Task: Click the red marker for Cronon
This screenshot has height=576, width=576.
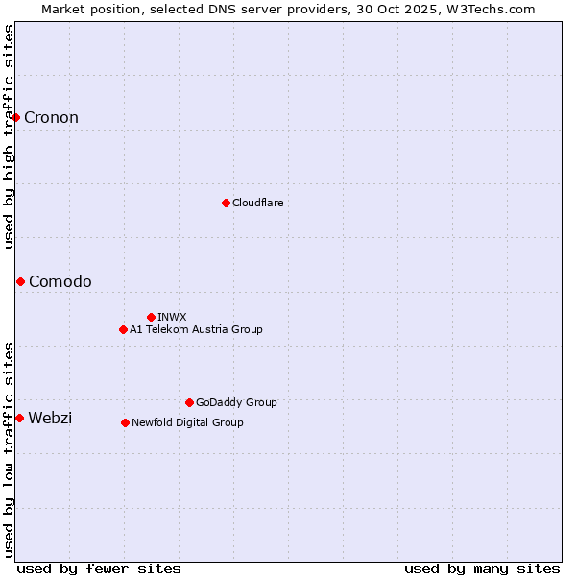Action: [x=16, y=117]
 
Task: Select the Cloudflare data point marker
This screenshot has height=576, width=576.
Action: [x=226, y=203]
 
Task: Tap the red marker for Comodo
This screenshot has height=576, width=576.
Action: [x=20, y=281]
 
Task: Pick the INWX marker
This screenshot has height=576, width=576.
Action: [x=151, y=317]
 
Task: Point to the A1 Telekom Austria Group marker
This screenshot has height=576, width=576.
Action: [x=123, y=329]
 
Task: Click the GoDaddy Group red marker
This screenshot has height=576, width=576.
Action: [x=189, y=402]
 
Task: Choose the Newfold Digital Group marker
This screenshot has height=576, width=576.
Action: [x=125, y=422]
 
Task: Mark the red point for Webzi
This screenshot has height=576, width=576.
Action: [x=19, y=418]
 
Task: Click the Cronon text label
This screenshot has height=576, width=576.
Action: [x=51, y=118]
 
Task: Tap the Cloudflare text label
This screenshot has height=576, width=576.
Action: [x=257, y=203]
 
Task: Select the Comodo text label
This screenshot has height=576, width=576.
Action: [x=60, y=281]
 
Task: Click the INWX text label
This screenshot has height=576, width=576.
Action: [x=172, y=317]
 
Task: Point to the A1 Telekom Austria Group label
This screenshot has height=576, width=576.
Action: [x=196, y=329]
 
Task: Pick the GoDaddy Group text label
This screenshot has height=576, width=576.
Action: [x=236, y=402]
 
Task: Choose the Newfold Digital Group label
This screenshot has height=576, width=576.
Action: [x=187, y=422]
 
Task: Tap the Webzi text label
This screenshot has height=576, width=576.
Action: [x=50, y=418]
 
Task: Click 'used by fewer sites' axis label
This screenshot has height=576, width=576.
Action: [x=99, y=568]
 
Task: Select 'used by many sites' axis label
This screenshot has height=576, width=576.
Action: [x=482, y=568]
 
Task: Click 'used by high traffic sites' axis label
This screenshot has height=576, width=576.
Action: [x=10, y=136]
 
